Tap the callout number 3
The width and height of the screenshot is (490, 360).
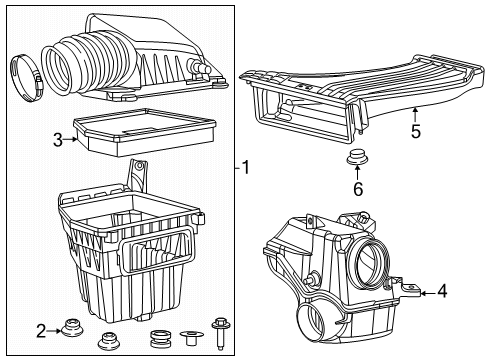pyautogui.click(x=58, y=141)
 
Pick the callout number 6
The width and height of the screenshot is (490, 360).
pyautogui.click(x=355, y=187)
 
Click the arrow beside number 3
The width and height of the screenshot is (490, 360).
pyautogui.click(x=72, y=141)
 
